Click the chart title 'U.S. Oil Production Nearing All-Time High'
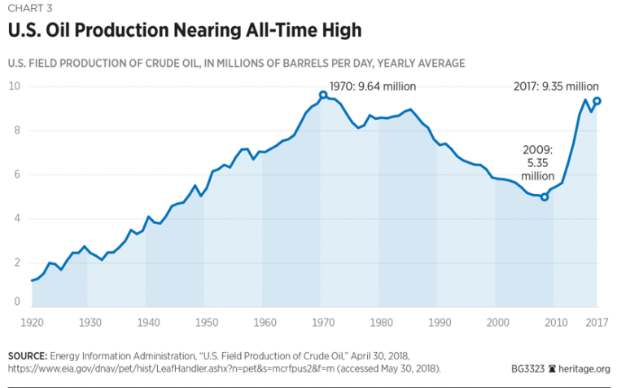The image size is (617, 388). [184, 30]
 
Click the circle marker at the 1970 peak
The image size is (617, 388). [323, 95]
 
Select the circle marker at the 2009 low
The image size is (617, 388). [545, 196]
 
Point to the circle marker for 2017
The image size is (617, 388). [597, 101]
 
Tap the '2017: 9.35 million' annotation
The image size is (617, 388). [556, 86]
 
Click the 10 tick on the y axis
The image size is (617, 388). [15, 86]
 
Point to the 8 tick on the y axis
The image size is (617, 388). [15, 130]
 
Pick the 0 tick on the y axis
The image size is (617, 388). [15, 302]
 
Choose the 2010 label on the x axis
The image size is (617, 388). [554, 322]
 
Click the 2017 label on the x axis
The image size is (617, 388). [598, 322]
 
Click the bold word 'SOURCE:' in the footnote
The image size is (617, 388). [27, 357]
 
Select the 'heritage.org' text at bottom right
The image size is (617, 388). [582, 368]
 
